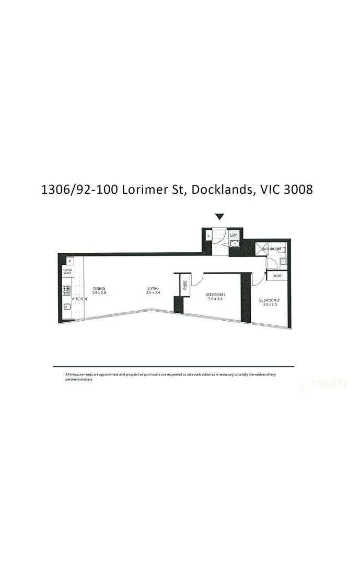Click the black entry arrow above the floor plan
coord(219,217)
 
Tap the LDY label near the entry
coord(234,235)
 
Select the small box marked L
coord(208,236)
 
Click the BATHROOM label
coord(271,249)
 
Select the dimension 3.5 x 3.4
coord(153,293)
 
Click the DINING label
coord(99,288)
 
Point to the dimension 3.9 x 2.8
coord(99,293)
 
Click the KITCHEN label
coord(79,299)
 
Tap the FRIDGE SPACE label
coord(68,272)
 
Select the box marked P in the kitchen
coord(69,261)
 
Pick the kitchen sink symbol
coord(67,307)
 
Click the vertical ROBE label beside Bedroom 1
coord(184,285)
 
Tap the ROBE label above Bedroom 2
coord(277,275)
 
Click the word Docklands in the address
coord(221,189)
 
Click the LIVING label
coord(153,288)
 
